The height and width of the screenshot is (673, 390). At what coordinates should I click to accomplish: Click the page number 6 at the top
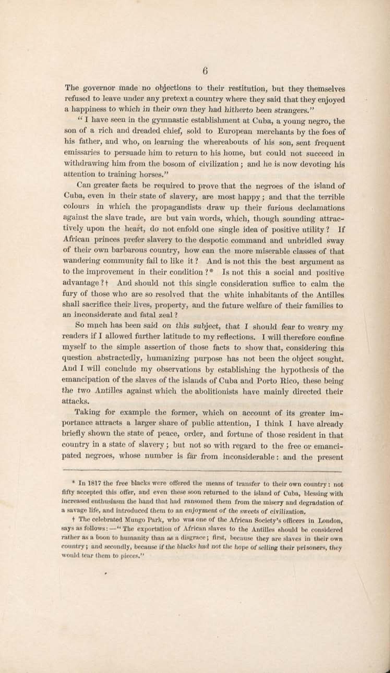pyautogui.click(x=205, y=71)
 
